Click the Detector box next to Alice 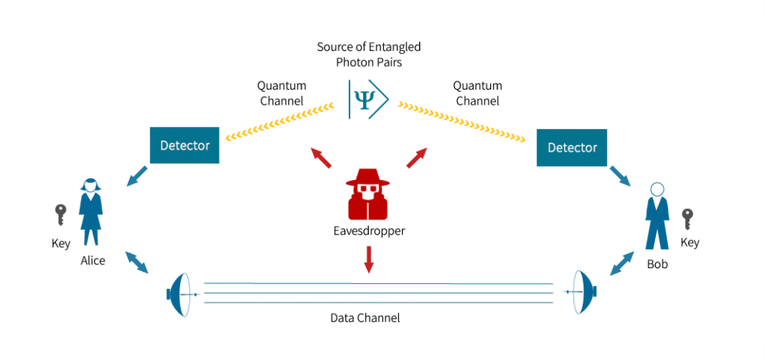tap(185, 146)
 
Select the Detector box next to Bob tap(572, 147)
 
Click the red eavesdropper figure tap(368, 193)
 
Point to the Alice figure tap(90, 211)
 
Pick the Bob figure tap(657, 216)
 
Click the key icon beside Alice tap(61, 215)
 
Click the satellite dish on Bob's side tap(582, 292)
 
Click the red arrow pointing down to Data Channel tap(369, 259)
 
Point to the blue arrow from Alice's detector tap(137, 176)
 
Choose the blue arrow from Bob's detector tap(620, 176)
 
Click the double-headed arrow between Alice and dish tap(137, 262)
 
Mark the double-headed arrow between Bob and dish tap(622, 264)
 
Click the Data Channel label tap(365, 318)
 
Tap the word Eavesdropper tap(368, 231)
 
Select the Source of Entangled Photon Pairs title tap(369, 55)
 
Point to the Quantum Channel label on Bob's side tap(477, 93)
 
